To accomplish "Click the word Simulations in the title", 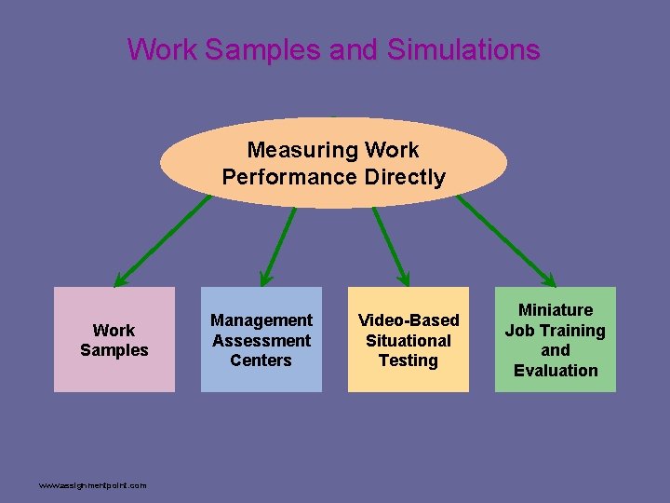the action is (x=462, y=48).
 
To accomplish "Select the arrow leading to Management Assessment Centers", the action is (x=277, y=246).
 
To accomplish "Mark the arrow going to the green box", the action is (x=506, y=238).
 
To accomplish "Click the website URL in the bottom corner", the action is (x=92, y=485).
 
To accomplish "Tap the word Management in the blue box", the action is (x=261, y=320).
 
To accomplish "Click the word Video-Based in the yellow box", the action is (x=409, y=320).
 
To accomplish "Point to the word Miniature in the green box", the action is (x=556, y=310).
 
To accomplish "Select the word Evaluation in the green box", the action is (x=556, y=370).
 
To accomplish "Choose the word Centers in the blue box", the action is (x=261, y=360).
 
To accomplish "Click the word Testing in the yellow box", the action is (x=409, y=360).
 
